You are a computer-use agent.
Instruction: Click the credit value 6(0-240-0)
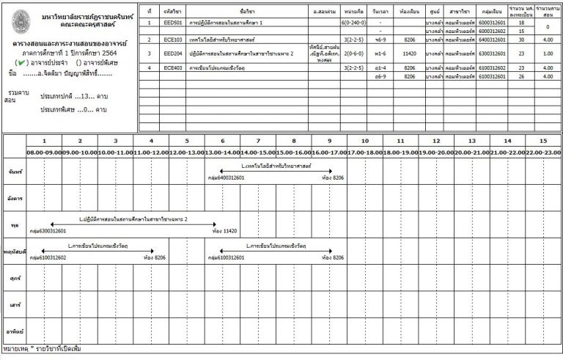[354, 23]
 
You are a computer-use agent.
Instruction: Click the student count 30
[521, 40]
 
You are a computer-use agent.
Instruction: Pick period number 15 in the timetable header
[542, 140]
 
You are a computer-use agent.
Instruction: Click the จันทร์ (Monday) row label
[12, 171]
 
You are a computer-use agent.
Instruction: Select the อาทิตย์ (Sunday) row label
[12, 323]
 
